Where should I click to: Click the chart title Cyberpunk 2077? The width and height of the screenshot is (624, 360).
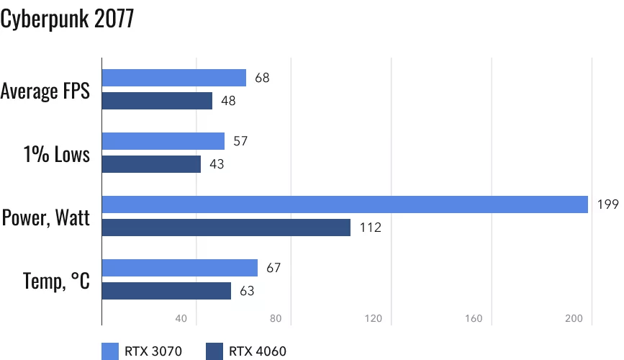click(67, 19)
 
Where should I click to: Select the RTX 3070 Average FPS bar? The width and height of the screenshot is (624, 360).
click(174, 78)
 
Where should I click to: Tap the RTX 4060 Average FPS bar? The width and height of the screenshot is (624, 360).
click(157, 101)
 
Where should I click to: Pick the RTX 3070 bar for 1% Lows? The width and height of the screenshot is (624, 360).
click(163, 141)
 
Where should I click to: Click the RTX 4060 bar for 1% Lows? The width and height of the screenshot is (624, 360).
click(151, 164)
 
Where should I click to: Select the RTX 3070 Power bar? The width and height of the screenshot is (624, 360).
click(345, 204)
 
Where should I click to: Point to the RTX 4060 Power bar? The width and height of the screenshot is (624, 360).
click(226, 228)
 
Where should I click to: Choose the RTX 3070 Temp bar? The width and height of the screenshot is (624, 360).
click(180, 268)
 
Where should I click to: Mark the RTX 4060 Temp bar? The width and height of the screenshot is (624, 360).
click(166, 291)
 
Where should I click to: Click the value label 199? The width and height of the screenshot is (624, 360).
click(607, 205)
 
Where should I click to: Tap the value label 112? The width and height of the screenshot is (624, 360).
click(370, 228)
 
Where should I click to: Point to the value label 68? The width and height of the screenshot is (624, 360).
click(262, 78)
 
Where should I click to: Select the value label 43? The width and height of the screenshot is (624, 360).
click(217, 164)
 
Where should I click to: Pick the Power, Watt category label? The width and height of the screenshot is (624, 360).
click(46, 217)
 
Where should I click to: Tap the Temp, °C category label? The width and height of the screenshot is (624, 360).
click(56, 280)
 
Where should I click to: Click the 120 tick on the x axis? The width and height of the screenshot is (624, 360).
click(373, 319)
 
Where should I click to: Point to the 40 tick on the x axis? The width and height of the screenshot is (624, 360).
click(181, 319)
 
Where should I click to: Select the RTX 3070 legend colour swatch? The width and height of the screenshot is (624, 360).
click(110, 351)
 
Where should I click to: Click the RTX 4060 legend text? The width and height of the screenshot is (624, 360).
click(258, 351)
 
